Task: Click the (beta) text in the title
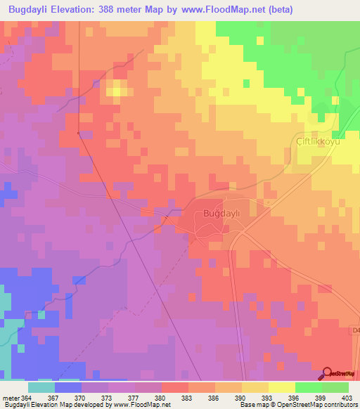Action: [x=278, y=10]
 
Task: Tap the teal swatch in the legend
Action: [x=41, y=387]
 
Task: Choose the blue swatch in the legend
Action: [x=67, y=387]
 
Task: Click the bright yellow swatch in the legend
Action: [x=281, y=387]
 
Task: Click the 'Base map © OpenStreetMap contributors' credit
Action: [x=298, y=405]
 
